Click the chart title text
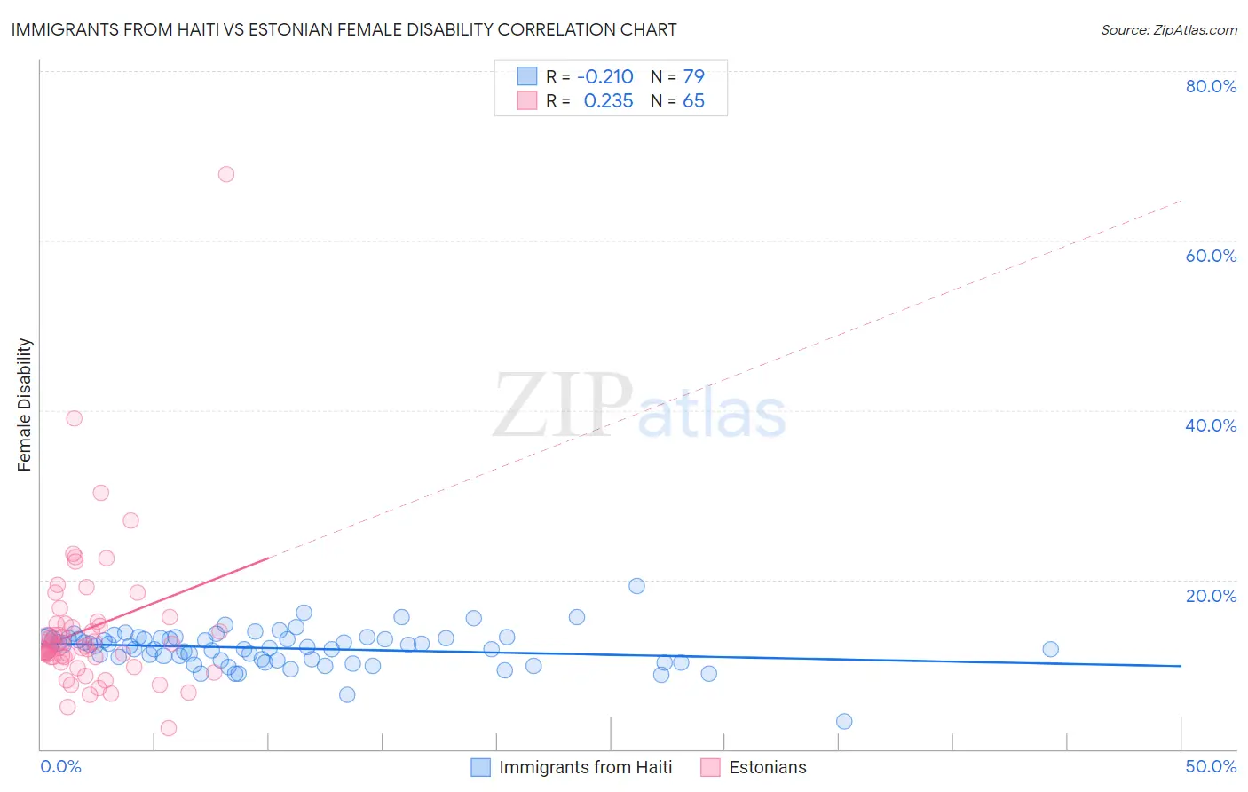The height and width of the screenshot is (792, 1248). coord(344,30)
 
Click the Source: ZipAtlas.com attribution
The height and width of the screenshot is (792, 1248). coord(1168,30)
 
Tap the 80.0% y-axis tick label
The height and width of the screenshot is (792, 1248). coord(1211,86)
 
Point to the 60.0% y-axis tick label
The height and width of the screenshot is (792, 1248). coord(1211,256)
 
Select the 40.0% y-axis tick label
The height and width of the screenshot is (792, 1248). coord(1211,425)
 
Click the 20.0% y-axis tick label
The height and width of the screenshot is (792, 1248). coord(1211,596)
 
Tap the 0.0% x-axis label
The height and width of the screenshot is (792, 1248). coord(60,766)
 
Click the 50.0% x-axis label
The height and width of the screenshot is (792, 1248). coord(1211,766)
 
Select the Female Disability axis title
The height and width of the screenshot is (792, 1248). coord(25,405)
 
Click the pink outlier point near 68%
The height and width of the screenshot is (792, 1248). coord(226,174)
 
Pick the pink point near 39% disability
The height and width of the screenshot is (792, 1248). coord(75,418)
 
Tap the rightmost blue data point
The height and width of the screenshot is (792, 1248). coord(1050,649)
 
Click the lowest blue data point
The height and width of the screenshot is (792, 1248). coord(844,721)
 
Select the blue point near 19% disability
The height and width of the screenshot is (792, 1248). coord(636,586)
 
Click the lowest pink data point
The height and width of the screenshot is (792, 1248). coord(169,728)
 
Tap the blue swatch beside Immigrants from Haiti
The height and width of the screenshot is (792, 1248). coord(480,767)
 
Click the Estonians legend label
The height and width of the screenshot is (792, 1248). coord(767,767)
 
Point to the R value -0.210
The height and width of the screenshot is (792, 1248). coord(605,77)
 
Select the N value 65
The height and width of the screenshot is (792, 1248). coord(693,101)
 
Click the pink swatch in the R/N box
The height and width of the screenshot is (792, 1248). coord(527,100)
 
